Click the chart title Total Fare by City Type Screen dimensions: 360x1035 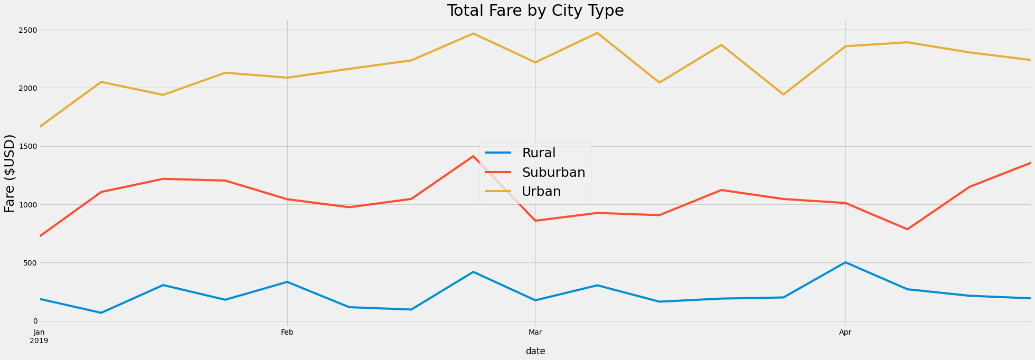(535, 11)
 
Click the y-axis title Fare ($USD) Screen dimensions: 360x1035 (10, 173)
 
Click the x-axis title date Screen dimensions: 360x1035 (535, 351)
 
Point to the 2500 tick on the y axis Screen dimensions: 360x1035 (26, 30)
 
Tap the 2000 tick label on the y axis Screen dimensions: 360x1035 (26, 88)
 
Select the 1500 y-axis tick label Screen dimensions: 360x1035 (26, 146)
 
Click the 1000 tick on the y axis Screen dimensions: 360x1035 (26, 204)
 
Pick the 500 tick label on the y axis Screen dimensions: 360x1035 (29, 263)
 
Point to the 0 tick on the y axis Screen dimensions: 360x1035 (35, 321)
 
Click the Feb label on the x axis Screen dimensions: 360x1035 (287, 332)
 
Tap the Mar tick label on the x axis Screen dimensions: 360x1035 (535, 332)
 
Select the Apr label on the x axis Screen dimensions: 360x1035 (845, 332)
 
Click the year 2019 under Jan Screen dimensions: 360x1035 (39, 340)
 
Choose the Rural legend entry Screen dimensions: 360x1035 (539, 153)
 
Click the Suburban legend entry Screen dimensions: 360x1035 (553, 173)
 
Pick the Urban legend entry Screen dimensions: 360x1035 (541, 192)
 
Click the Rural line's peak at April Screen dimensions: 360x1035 (845, 262)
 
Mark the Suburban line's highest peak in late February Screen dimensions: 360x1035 (473, 156)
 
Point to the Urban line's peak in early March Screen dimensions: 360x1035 (597, 33)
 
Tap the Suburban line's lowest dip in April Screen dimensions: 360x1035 (907, 229)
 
